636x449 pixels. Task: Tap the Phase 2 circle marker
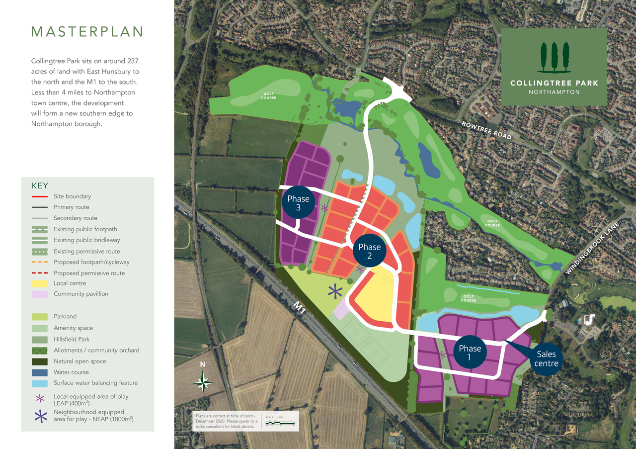pos(369,251)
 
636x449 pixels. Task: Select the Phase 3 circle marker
pos(298,203)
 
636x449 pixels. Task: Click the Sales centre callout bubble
pos(546,359)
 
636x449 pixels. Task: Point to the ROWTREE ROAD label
pos(486,130)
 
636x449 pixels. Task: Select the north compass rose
pos(203,383)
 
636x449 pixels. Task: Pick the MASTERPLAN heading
pos(87,32)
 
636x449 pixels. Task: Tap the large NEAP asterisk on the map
pos(335,291)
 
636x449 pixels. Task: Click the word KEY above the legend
pos(40,185)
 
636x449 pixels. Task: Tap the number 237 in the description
pos(132,61)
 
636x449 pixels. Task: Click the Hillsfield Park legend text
pos(73,339)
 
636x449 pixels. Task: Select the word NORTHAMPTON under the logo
pos(554,92)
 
